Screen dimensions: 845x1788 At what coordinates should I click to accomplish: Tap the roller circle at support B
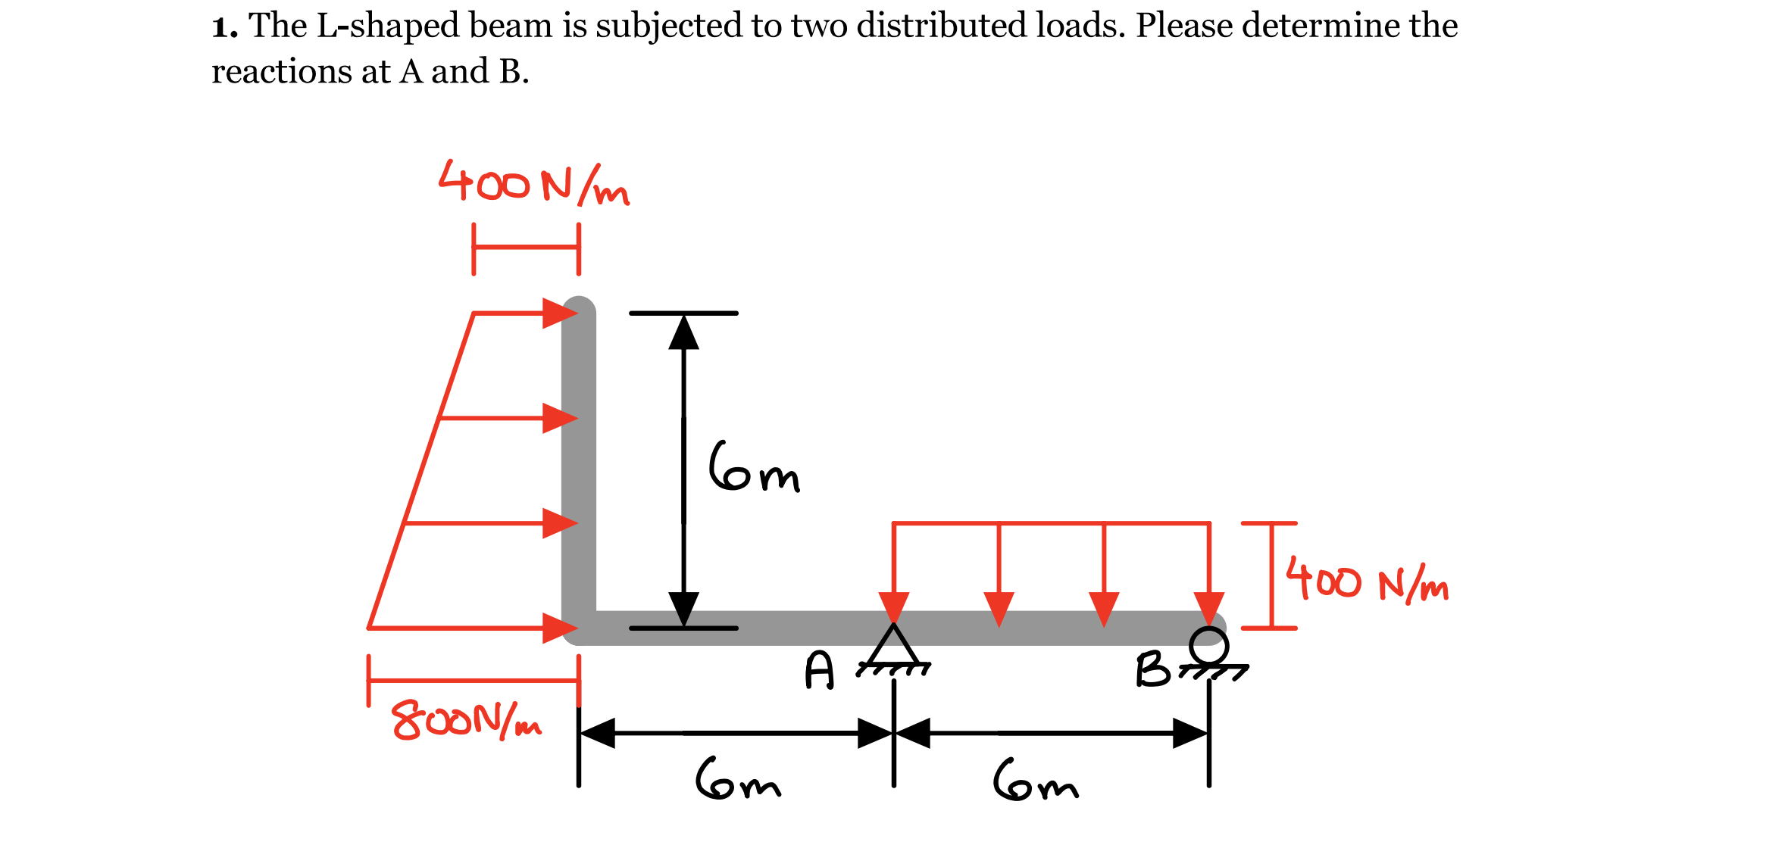tap(1208, 645)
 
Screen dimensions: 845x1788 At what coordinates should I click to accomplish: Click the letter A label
tap(820, 671)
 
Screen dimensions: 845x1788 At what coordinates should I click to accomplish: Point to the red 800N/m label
tap(466, 720)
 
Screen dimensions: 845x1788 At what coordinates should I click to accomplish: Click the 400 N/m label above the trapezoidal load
tap(533, 184)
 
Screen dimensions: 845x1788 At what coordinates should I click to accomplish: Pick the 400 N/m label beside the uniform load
tap(1368, 583)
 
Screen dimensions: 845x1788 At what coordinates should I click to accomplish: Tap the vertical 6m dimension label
tap(754, 467)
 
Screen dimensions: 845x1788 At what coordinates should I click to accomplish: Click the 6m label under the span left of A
tap(738, 779)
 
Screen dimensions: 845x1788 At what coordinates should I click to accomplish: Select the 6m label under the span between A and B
tap(1036, 781)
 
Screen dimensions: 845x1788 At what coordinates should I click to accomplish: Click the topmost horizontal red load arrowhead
tap(559, 313)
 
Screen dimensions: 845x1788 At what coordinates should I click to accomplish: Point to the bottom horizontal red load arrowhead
tap(559, 628)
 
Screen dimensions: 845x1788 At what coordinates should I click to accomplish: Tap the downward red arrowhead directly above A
tap(894, 607)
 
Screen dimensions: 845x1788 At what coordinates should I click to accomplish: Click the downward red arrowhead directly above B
tap(1209, 609)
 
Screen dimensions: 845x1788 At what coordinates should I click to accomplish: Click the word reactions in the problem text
tap(280, 72)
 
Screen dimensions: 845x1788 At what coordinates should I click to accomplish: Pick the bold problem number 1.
tap(223, 27)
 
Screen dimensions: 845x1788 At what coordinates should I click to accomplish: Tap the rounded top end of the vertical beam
tap(579, 310)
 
